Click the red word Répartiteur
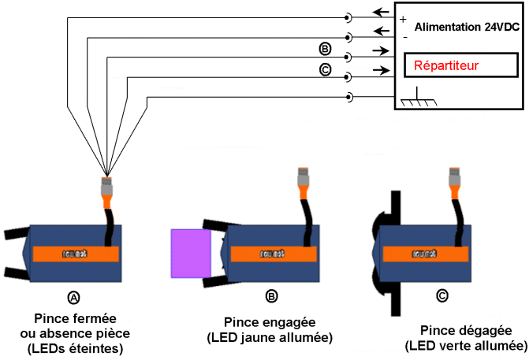coord(447,64)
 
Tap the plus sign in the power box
coord(404,20)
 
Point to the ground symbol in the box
coord(417,99)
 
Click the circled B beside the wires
coord(325,49)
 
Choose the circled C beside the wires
coord(325,70)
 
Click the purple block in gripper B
coord(191,253)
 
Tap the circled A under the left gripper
coord(74,298)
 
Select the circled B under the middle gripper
coord(271,296)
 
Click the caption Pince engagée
coord(270,322)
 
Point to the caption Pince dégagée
coord(465,330)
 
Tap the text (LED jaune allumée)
coord(270,338)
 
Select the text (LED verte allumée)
coord(466,346)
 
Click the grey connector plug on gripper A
coord(107,187)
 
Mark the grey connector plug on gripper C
coord(456,177)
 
